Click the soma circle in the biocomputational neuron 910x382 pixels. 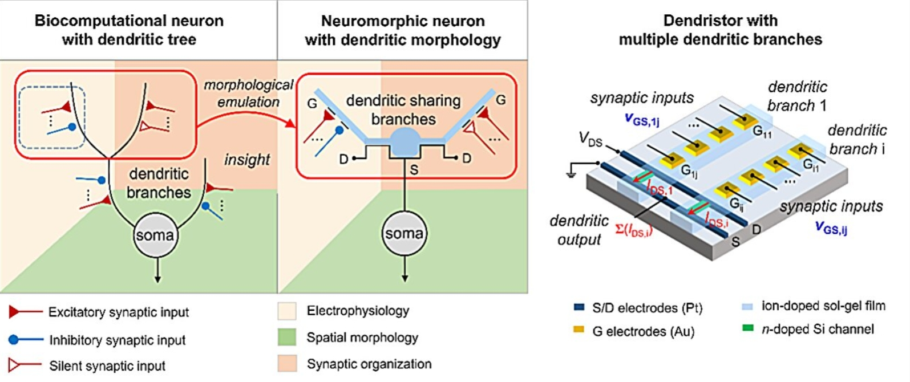coord(155,234)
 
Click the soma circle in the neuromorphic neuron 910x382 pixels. coord(404,233)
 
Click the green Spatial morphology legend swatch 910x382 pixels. coord(287,337)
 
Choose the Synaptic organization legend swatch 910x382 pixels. coord(287,364)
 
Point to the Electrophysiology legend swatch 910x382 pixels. coord(287,311)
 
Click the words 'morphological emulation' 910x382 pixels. coord(248,94)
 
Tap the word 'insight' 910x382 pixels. coord(246,160)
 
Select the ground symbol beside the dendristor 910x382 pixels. coord(571,172)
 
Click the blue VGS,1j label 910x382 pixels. coord(642,119)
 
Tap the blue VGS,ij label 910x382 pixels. coord(831,227)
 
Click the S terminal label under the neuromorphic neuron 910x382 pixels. coord(414,169)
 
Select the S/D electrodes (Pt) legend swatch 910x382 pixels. coord(579,308)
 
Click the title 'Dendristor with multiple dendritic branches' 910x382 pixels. coord(720,30)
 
